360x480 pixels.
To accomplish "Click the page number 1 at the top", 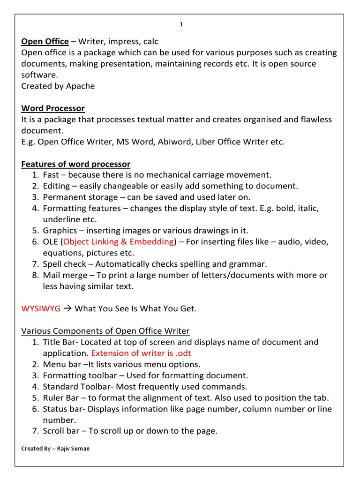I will pos(181,25).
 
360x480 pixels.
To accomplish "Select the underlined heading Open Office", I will pos(45,41).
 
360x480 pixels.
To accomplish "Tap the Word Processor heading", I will pos(53,108).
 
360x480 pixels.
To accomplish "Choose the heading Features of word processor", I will pos(76,164).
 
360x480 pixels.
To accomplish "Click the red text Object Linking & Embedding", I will pos(118,241).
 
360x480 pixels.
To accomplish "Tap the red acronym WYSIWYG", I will pos(41,308).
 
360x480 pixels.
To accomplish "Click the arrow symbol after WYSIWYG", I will pos(67,308).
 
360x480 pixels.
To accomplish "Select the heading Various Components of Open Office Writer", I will pos(105,331).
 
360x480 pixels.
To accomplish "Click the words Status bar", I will pos(63,409).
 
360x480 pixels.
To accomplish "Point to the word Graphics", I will pos(60,230).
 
